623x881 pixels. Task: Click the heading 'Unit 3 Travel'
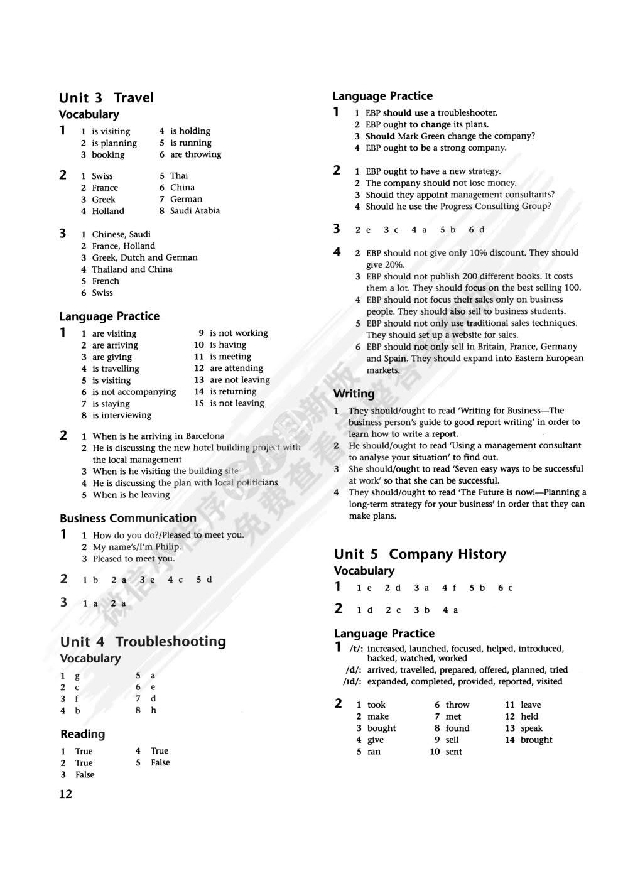(x=106, y=97)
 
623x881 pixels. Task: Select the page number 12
(x=66, y=794)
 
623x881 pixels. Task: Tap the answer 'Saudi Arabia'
(x=195, y=211)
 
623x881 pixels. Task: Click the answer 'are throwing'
(x=195, y=154)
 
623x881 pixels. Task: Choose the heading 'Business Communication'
(x=128, y=518)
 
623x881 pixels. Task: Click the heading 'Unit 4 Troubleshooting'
(x=143, y=641)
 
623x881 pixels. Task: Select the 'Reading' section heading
(x=83, y=734)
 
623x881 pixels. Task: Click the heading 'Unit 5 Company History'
(x=420, y=554)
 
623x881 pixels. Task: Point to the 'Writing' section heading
(x=354, y=394)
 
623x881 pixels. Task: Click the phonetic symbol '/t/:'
(x=356, y=649)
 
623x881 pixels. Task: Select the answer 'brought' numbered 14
(x=536, y=740)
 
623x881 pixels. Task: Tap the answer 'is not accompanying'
(x=134, y=392)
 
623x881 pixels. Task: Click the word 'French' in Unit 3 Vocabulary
(x=106, y=281)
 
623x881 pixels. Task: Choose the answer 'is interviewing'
(x=122, y=415)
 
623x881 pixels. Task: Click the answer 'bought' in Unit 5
(x=381, y=728)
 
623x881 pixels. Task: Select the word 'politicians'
(x=256, y=483)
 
